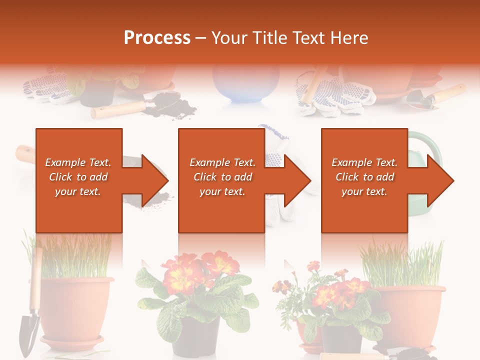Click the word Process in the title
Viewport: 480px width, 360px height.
pos(157,38)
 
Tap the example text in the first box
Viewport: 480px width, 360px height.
pos(78,177)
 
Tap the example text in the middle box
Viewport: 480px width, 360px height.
pos(222,177)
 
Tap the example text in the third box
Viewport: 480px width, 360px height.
pos(364,177)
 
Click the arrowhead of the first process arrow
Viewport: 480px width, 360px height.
pos(155,180)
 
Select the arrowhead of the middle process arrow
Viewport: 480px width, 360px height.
pos(297,180)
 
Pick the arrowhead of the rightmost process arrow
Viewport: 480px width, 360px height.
pos(440,180)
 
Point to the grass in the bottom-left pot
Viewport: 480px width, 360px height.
pos(75,257)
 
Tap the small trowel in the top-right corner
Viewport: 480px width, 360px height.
pos(435,97)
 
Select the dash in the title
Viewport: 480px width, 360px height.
pos(201,38)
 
